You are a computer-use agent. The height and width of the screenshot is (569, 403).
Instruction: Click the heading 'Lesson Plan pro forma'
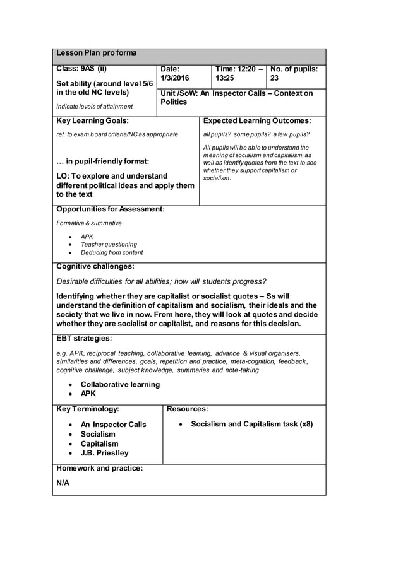[97, 53]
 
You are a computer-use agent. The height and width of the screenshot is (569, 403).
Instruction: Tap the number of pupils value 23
[275, 78]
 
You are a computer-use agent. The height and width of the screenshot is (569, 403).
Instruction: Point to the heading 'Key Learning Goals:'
[93, 120]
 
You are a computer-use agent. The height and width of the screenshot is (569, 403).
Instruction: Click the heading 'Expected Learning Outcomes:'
[257, 120]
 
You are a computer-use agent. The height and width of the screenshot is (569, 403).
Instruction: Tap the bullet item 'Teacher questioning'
[109, 244]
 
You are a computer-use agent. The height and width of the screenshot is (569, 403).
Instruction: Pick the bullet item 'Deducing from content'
[112, 253]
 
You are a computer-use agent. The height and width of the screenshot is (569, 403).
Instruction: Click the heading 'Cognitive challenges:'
[95, 266]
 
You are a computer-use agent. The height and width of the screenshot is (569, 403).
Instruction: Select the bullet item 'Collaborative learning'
[120, 384]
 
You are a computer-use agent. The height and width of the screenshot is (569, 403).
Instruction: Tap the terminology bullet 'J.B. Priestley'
[104, 453]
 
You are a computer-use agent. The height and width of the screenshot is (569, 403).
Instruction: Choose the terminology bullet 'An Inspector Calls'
[113, 425]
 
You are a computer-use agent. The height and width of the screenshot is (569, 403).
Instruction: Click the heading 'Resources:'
[188, 409]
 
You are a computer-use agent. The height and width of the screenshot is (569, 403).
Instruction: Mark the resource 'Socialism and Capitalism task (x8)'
[252, 425]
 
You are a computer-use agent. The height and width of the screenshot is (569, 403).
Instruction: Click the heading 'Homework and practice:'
[100, 468]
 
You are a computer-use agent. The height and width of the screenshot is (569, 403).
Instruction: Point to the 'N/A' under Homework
[63, 483]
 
